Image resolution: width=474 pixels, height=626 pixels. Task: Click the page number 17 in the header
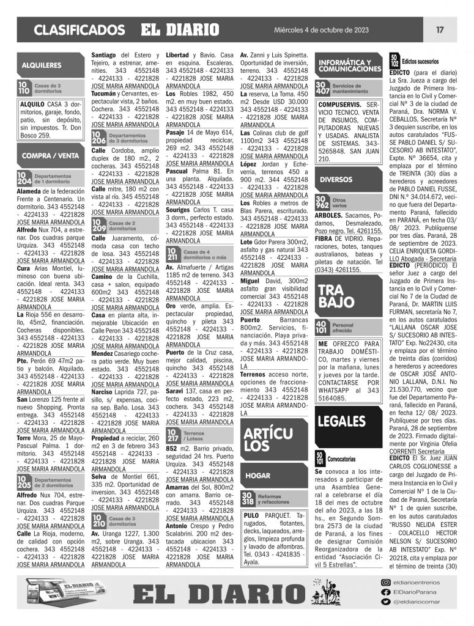[x=440, y=29]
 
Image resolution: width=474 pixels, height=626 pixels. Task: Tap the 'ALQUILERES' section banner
[x=42, y=64]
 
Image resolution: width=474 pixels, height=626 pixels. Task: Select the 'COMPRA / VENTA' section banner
[x=46, y=156]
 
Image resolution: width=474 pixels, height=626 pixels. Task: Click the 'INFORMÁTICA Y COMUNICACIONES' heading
[x=349, y=66]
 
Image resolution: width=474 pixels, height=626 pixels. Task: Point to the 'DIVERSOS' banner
[x=337, y=179]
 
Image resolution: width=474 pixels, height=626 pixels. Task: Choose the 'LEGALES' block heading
[x=343, y=421]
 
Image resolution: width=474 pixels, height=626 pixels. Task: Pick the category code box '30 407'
[x=322, y=87]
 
